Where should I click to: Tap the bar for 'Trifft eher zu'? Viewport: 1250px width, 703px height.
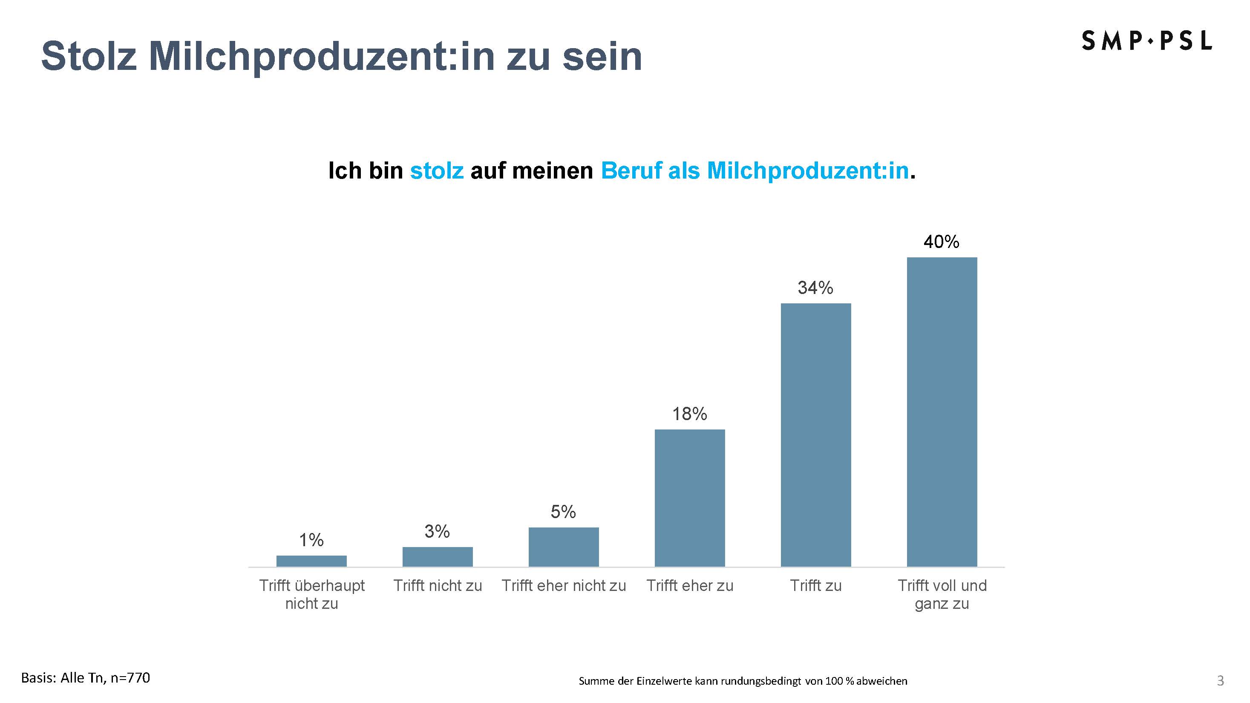[x=689, y=498]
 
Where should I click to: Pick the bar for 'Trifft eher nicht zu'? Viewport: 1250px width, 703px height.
[x=563, y=547]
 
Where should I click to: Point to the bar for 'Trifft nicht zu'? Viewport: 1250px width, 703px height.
[x=437, y=556]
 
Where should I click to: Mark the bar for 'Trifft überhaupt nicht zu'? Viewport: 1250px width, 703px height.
[x=311, y=561]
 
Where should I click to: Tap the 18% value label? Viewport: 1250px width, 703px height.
[x=689, y=414]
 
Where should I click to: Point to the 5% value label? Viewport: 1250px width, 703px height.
[x=563, y=512]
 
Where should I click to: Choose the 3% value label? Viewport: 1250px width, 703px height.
[x=437, y=532]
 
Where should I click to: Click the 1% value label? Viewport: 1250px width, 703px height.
[x=311, y=540]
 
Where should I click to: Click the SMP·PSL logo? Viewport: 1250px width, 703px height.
[x=1146, y=41]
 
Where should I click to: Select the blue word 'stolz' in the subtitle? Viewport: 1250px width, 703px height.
[x=437, y=171]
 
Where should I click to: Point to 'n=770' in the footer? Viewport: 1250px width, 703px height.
[x=130, y=678]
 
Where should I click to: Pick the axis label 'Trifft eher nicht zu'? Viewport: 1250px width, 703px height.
[x=563, y=585]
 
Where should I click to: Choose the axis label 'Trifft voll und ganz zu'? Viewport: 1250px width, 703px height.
[x=942, y=594]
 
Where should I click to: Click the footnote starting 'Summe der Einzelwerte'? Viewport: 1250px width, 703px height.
[x=743, y=681]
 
